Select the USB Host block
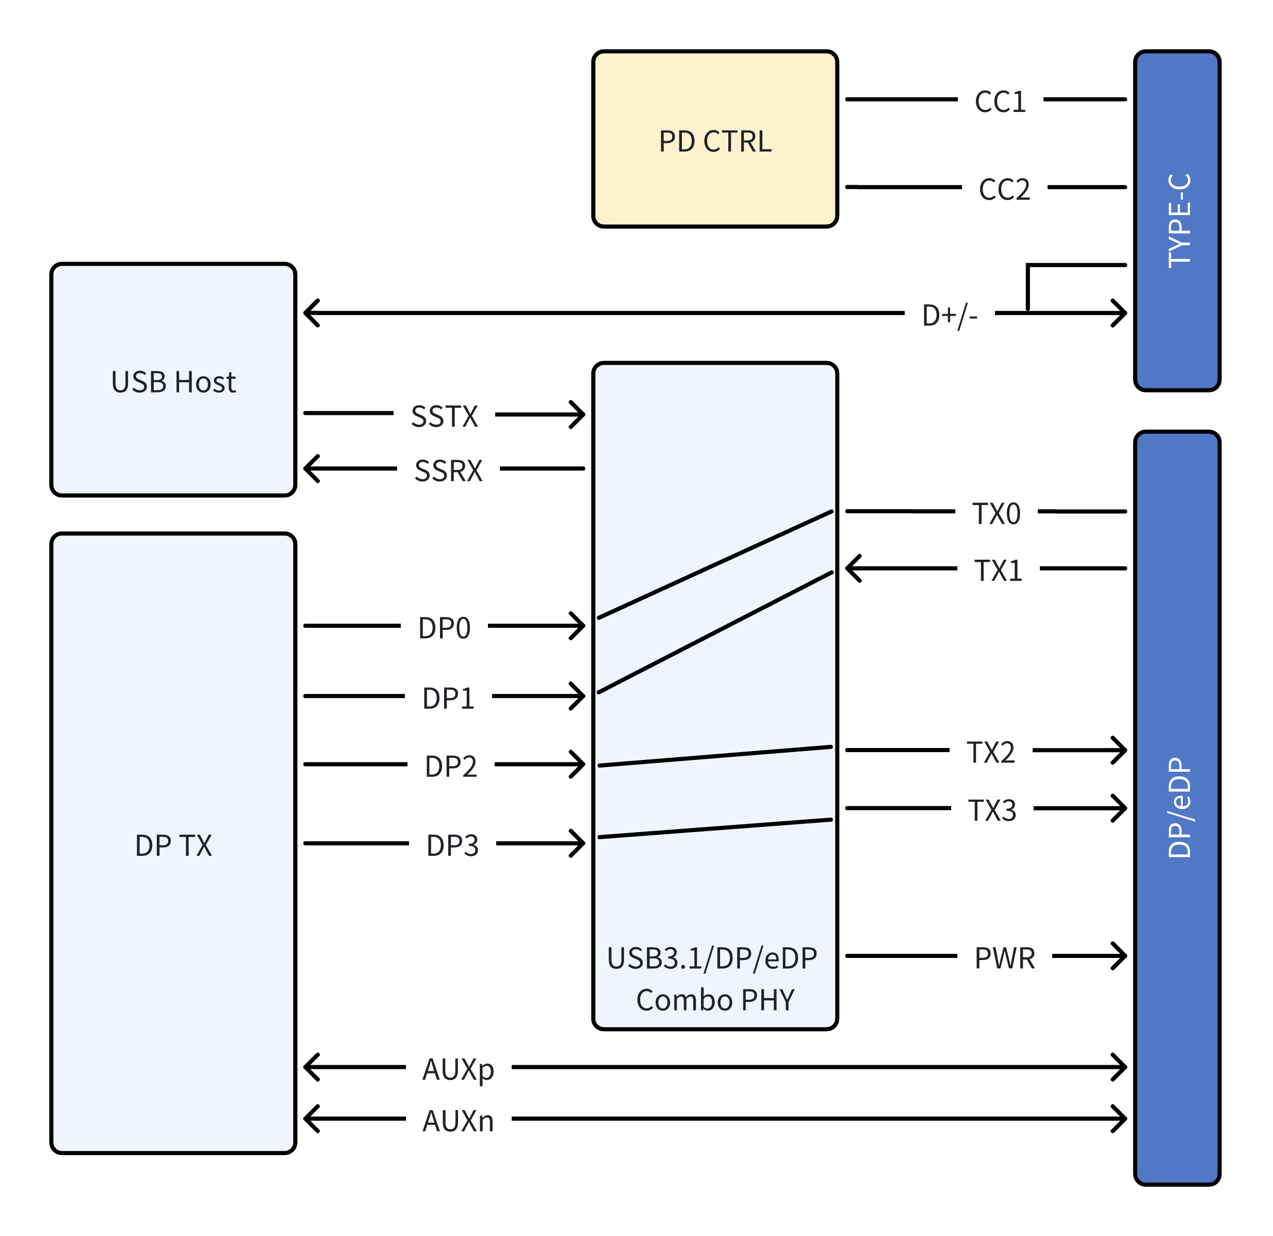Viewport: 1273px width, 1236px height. [x=173, y=381]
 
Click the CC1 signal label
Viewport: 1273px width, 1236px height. [x=1000, y=102]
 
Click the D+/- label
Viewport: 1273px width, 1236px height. [x=949, y=316]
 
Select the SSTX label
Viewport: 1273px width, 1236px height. [x=444, y=416]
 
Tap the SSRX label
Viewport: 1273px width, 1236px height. [x=448, y=471]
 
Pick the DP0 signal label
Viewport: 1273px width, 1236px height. [x=444, y=628]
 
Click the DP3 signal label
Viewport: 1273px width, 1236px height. [x=452, y=845]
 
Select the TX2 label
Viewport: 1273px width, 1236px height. [x=990, y=752]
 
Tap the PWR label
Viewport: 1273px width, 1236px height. [x=1004, y=958]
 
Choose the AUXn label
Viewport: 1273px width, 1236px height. [x=458, y=1121]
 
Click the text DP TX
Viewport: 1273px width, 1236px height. [x=173, y=845]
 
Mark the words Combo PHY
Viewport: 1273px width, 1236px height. [x=714, y=1000]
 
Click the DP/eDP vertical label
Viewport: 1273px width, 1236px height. [x=1179, y=807]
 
